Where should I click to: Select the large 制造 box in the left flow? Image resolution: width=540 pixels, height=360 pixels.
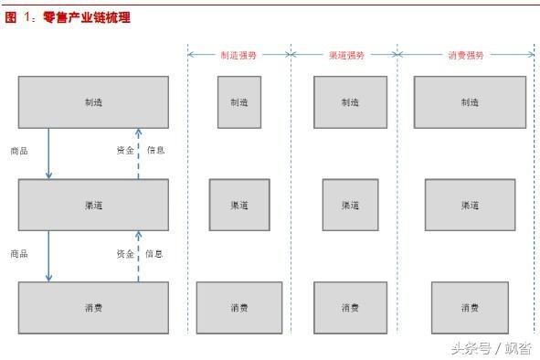(x=93, y=101)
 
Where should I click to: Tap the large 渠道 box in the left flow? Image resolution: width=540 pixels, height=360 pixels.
(x=93, y=205)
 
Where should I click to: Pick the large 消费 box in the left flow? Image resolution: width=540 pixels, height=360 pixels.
(x=93, y=308)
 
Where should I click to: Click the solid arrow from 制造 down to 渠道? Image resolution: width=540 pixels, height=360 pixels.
(x=49, y=153)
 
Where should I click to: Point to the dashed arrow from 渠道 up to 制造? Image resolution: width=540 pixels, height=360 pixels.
(x=138, y=153)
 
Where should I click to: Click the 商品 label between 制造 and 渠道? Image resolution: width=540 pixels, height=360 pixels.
(x=19, y=151)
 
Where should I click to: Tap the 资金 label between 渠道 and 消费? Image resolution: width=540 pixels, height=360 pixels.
(x=124, y=253)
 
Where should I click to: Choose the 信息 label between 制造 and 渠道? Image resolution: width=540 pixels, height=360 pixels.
(x=156, y=150)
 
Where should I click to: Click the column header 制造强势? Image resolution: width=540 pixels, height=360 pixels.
(x=238, y=55)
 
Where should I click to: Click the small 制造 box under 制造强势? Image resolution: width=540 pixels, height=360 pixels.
(x=239, y=101)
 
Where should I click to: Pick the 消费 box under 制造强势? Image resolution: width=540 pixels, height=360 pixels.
(x=239, y=308)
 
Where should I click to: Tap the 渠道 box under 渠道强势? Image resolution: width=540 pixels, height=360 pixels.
(x=350, y=205)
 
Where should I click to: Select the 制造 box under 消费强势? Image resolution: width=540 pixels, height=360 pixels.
(x=470, y=101)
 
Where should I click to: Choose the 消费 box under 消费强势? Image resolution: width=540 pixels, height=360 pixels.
(x=470, y=308)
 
